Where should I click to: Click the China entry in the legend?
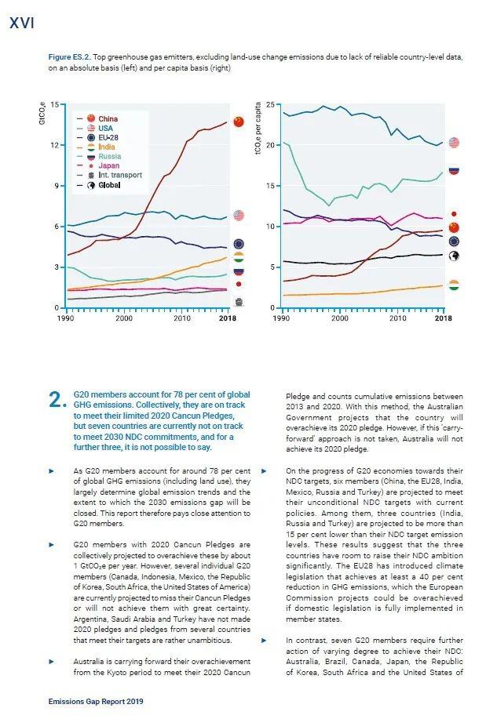click(97, 118)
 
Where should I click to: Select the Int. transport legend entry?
click(109, 175)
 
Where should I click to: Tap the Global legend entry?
click(98, 185)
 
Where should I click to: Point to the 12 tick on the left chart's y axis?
click(54, 145)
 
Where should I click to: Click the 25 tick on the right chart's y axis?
click(270, 105)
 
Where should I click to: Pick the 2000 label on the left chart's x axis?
click(123, 318)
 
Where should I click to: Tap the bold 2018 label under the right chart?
click(444, 318)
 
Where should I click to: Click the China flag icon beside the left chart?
click(239, 122)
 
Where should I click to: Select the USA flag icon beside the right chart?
click(454, 143)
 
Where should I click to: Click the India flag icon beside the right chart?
click(454, 285)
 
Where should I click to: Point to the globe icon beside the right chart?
click(454, 256)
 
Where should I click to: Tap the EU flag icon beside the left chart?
click(239, 244)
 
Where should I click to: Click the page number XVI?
click(21, 23)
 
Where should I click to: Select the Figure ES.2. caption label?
click(69, 57)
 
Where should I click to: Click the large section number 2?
click(57, 401)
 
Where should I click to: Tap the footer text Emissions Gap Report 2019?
click(96, 702)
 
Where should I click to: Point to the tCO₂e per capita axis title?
click(258, 128)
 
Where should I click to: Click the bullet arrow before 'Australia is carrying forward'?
click(52, 661)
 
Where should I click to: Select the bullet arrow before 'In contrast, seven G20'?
click(264, 640)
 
